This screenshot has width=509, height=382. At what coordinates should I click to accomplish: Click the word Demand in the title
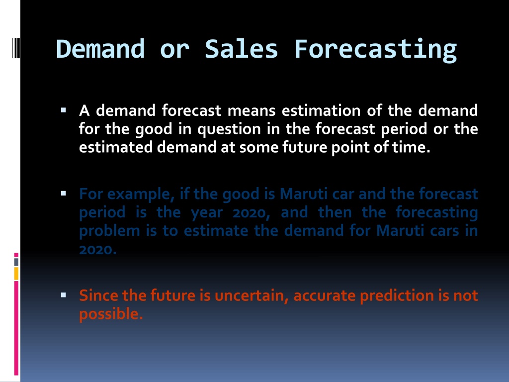click(x=100, y=49)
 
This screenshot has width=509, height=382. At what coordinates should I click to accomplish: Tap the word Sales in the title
click(x=241, y=49)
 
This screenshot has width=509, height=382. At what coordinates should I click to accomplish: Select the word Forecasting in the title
click(x=375, y=50)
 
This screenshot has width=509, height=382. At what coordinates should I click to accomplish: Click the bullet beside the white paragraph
click(x=63, y=110)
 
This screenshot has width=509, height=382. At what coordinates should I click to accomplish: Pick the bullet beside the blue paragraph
click(x=63, y=193)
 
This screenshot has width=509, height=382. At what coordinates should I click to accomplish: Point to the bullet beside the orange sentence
click(x=63, y=295)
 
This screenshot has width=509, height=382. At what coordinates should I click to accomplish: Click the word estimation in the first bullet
click(x=321, y=110)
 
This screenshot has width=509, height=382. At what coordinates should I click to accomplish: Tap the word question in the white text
click(x=229, y=130)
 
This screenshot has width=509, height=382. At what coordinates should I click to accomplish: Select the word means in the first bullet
click(x=251, y=111)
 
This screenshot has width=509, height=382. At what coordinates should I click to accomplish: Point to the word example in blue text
click(x=139, y=194)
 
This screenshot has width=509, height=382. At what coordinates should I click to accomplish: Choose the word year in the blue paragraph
click(x=206, y=213)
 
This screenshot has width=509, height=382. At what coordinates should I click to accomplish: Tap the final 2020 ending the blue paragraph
click(x=98, y=250)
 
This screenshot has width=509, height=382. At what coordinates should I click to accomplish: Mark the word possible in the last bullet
click(x=111, y=314)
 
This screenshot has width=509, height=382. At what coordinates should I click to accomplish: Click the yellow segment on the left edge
click(x=16, y=274)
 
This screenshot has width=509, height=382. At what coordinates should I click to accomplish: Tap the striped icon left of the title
click(x=16, y=48)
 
